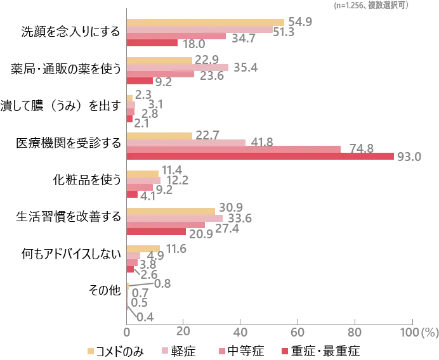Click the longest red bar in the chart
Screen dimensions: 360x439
click(x=261, y=157)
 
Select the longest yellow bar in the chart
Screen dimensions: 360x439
click(x=205, y=22)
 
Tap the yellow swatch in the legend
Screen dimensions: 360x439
click(x=91, y=350)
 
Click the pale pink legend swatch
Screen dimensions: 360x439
click(x=163, y=350)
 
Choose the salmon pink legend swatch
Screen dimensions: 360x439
click(x=222, y=350)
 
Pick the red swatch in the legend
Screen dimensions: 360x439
click(x=284, y=350)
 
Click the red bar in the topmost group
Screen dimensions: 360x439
click(x=152, y=44)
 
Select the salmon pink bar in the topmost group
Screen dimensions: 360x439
click(x=177, y=37)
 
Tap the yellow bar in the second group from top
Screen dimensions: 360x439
click(x=160, y=60)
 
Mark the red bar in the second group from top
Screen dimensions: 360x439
click(x=140, y=81)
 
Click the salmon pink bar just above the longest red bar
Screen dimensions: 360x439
click(x=235, y=149)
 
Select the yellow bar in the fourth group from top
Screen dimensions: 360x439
click(x=160, y=136)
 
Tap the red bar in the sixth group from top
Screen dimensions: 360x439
click(x=157, y=232)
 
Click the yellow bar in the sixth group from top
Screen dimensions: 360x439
click(x=172, y=212)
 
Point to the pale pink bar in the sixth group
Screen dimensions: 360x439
click(x=174, y=218)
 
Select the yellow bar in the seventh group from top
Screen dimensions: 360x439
click(x=144, y=247)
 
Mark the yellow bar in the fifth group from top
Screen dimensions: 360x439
click(x=144, y=172)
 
